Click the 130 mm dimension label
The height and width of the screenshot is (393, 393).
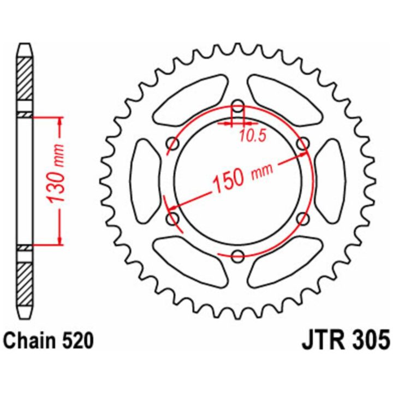click(x=55, y=174)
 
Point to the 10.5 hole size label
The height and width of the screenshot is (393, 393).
click(x=252, y=136)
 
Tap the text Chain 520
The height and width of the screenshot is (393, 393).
click(x=49, y=341)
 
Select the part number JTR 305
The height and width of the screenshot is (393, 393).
click(x=346, y=340)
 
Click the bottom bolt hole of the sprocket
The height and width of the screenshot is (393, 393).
click(x=237, y=256)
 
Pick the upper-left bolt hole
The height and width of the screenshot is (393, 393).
click(x=173, y=144)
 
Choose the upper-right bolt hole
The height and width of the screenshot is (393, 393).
click(x=303, y=144)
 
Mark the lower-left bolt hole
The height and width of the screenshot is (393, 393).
click(x=172, y=218)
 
